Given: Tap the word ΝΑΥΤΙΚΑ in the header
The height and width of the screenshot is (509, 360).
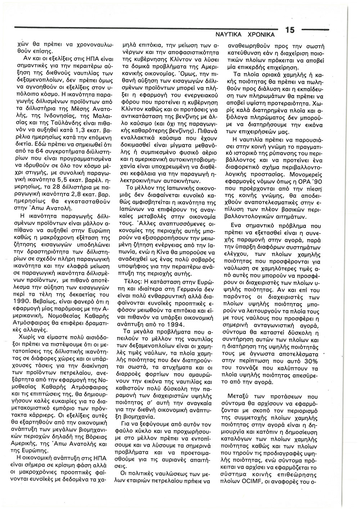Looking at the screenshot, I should (x=225, y=35).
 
